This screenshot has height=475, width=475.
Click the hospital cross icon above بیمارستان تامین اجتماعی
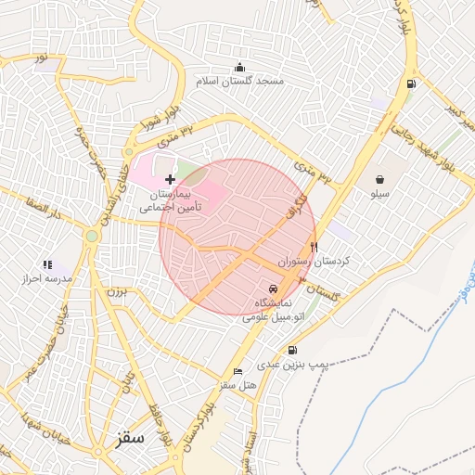tap(169, 177)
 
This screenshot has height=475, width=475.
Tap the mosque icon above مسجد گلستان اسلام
tap(240, 67)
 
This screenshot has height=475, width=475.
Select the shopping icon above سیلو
tap(380, 179)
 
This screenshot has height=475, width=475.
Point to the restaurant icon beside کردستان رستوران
tap(314, 247)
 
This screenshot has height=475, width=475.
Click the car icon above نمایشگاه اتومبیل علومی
tap(272, 289)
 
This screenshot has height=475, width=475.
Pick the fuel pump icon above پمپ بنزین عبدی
tap(293, 350)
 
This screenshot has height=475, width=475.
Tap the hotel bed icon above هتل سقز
tap(238, 371)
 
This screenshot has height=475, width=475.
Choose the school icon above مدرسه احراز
tap(47, 264)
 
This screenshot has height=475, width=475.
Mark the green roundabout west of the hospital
tap(91, 236)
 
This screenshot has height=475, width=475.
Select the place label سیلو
tap(380, 195)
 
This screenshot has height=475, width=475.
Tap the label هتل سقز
tap(237, 385)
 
